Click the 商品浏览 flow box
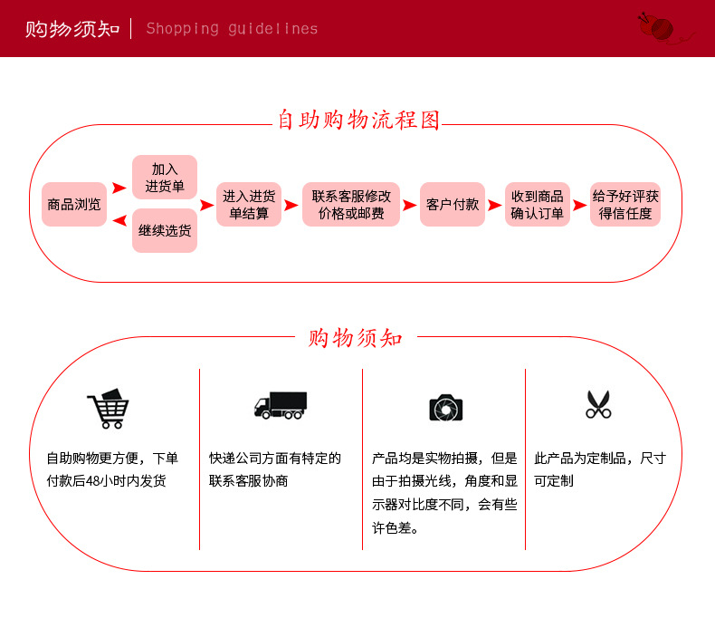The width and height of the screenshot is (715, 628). coord(74,205)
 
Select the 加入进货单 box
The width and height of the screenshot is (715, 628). coord(165,178)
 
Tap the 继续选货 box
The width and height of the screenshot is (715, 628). coord(165,231)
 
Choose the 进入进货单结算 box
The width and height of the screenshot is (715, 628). coord(249,205)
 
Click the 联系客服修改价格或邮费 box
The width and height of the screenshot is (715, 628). coord(351,205)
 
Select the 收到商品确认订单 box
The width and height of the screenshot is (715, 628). coord(538,205)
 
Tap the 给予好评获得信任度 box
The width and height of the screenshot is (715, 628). coord(625,205)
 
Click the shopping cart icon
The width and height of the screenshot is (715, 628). coord(108,409)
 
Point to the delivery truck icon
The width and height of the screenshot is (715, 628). coord(281,405)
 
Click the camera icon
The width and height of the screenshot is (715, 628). coord(445,408)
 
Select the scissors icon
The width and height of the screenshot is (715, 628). coord(598,404)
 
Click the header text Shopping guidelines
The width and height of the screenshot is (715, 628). coord(232,29)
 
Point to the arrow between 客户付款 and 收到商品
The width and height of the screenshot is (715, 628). coord(494,206)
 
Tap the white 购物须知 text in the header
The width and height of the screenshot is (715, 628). coord(72,28)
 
